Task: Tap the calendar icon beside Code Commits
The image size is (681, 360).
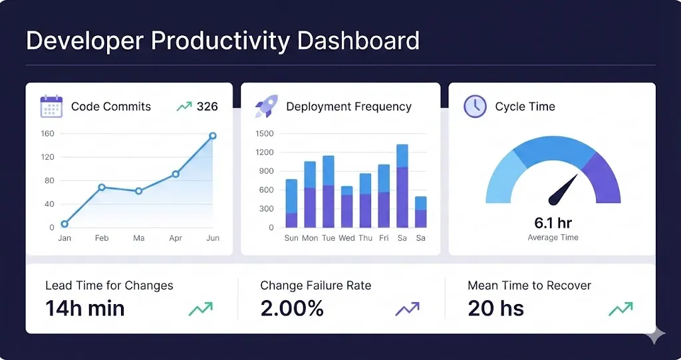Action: (51, 106)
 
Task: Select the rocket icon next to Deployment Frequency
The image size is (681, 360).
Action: (266, 106)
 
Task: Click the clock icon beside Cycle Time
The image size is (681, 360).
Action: (475, 106)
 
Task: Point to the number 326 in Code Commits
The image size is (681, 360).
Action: (207, 106)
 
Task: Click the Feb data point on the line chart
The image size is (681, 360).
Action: (102, 187)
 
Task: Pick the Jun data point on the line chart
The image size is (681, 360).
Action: (213, 136)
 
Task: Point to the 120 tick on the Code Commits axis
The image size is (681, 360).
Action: (47, 157)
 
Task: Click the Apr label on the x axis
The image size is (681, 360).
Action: (176, 238)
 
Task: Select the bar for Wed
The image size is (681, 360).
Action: (346, 208)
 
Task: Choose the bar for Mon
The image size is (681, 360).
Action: (310, 195)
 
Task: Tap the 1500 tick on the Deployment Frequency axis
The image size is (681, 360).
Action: (264, 134)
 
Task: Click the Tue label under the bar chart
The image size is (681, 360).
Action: (328, 238)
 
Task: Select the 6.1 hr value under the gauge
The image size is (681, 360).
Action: (553, 223)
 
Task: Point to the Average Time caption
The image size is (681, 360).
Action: (553, 238)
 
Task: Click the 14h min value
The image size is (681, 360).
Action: (85, 308)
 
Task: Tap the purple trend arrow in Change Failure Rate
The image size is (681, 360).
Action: (407, 309)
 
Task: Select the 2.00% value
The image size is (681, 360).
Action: (292, 308)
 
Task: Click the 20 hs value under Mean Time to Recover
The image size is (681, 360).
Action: (495, 308)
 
